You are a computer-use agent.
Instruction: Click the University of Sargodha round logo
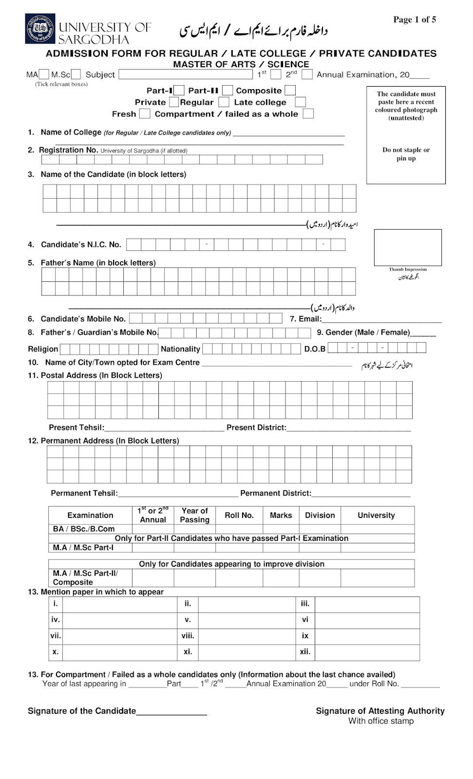coord(40,29)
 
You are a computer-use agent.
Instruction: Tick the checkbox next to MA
coord(44,74)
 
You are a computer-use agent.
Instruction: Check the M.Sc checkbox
coord(76,74)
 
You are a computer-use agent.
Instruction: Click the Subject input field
coord(187,74)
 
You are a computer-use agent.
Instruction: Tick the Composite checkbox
coord(290,91)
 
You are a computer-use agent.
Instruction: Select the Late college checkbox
coord(301,102)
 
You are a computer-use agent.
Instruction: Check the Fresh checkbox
coord(145,114)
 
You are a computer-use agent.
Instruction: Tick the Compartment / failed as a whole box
coord(308,114)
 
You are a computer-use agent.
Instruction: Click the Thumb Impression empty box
coord(408,247)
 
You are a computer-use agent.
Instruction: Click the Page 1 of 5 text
coord(415,19)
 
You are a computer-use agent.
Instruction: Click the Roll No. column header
coord(239,515)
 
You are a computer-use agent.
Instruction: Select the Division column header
coord(320,515)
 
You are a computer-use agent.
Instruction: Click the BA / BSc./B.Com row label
coord(84,529)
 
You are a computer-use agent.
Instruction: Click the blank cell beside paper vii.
coord(119,636)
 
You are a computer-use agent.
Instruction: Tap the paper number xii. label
coord(305,652)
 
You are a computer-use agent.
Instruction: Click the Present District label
coord(256,427)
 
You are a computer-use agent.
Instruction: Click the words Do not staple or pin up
coord(406,154)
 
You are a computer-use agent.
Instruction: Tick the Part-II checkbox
coord(227,91)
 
